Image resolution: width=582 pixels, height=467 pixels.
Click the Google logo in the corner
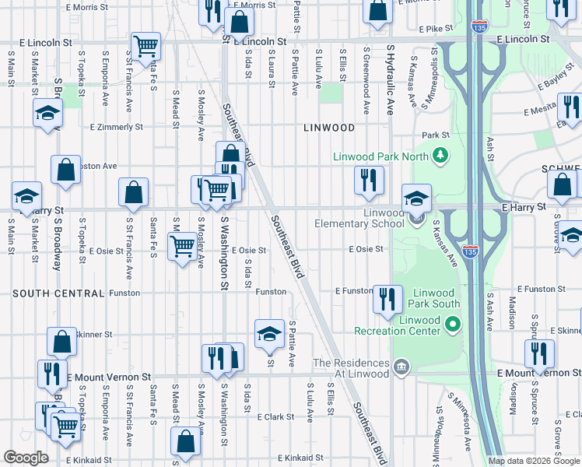(26, 458)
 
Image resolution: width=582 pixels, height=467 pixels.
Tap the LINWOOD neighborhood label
(329, 128)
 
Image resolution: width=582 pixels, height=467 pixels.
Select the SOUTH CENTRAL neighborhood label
(58, 293)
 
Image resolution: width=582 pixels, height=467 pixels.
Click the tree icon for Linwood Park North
(441, 156)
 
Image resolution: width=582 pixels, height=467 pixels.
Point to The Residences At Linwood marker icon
(401, 367)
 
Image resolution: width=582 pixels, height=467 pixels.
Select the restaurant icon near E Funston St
(387, 297)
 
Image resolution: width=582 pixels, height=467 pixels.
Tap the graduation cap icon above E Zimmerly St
(47, 114)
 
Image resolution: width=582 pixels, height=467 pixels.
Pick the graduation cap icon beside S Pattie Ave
(269, 333)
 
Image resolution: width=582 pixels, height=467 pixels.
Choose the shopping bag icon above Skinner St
(62, 341)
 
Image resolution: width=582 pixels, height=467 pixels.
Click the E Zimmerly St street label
(117, 126)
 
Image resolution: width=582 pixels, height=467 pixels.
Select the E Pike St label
(436, 29)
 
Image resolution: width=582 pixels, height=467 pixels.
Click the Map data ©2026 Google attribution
(533, 461)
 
